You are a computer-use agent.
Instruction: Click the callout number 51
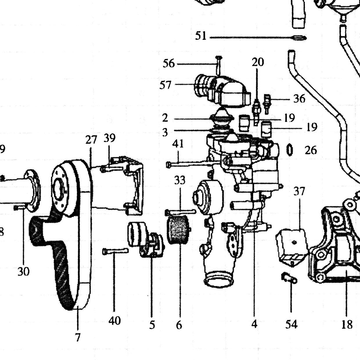point(201,36)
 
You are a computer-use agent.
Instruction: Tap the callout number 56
point(169,63)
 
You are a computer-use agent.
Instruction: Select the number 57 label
point(165,85)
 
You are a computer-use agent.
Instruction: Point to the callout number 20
point(258,62)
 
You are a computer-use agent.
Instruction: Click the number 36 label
point(299,98)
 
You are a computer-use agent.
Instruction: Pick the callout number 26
point(311,150)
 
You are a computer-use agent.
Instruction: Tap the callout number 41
point(178,144)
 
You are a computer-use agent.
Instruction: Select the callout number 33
point(180,180)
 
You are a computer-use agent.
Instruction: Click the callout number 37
point(299,191)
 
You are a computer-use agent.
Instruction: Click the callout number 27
point(91,140)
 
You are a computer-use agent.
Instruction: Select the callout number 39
point(109,138)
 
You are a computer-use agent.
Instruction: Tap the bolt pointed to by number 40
point(115,251)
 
